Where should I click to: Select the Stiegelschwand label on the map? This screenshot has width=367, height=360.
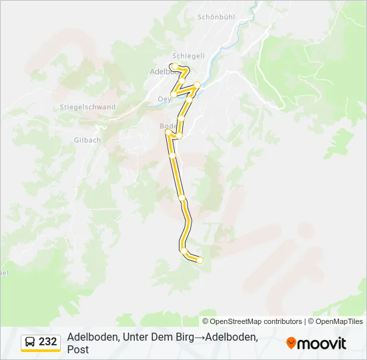[87, 107]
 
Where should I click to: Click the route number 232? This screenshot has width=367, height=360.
[48, 341]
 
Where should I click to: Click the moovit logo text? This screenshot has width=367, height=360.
[322, 343]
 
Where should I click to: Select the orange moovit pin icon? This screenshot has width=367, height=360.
[291, 343]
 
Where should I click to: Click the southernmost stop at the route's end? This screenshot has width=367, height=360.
[200, 261]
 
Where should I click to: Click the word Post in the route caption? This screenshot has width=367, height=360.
[77, 349]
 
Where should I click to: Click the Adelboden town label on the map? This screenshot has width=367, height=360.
[160, 71]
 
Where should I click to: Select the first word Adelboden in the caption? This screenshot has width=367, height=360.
[92, 337]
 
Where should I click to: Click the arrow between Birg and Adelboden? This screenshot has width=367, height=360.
[199, 337]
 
